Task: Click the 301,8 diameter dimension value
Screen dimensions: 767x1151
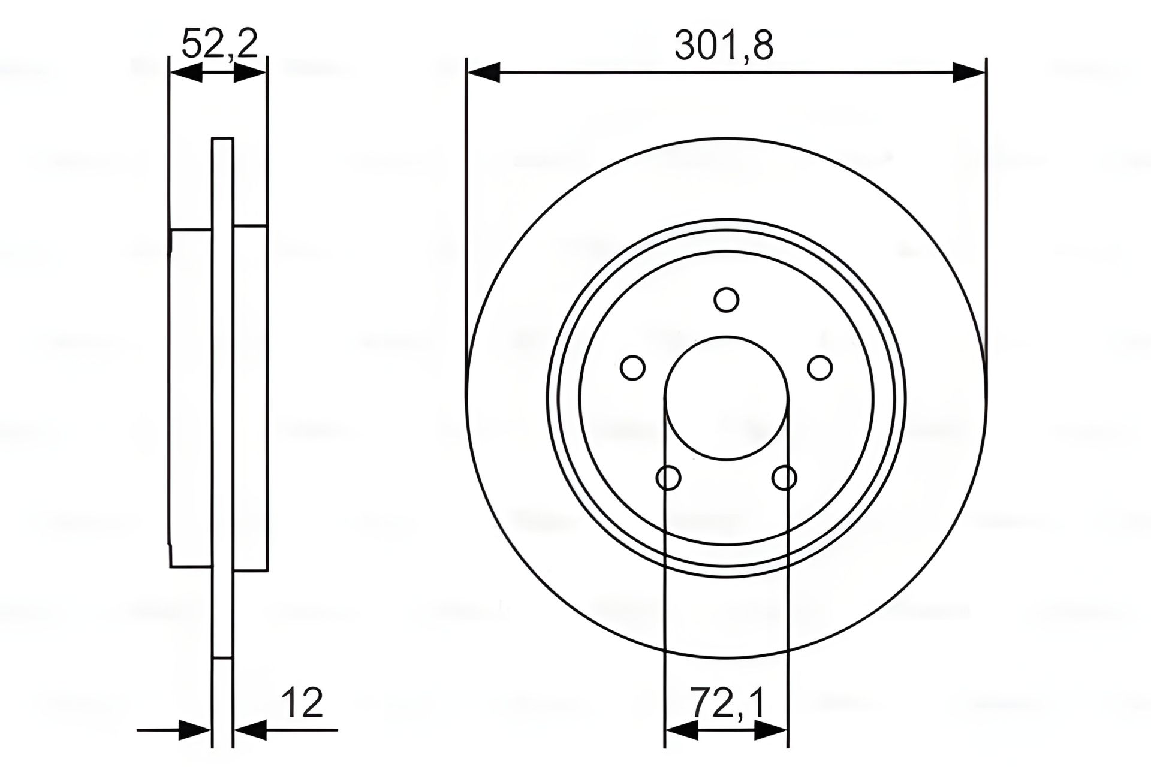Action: [724, 46]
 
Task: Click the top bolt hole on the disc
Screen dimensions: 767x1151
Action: [727, 300]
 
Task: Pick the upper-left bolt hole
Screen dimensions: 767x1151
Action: [632, 367]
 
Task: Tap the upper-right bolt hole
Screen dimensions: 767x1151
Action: [820, 367]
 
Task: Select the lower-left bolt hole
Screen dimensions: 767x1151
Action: [668, 478]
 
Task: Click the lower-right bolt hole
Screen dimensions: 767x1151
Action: [784, 478]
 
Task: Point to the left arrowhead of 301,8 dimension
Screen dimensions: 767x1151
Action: [483, 73]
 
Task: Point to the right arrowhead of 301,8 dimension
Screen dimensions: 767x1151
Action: [969, 73]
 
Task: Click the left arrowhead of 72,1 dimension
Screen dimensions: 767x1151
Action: [682, 730]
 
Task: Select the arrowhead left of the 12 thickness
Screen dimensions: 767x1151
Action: [195, 730]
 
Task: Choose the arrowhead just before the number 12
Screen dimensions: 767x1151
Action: [249, 730]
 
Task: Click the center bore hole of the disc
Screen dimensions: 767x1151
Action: [727, 398]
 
